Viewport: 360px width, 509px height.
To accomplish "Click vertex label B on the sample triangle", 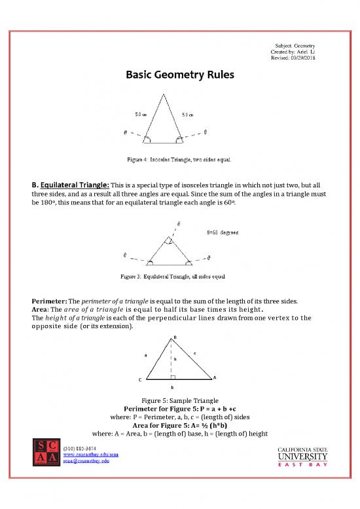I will (x=174, y=338).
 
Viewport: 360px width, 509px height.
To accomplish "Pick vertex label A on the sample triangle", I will (x=215, y=377).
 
